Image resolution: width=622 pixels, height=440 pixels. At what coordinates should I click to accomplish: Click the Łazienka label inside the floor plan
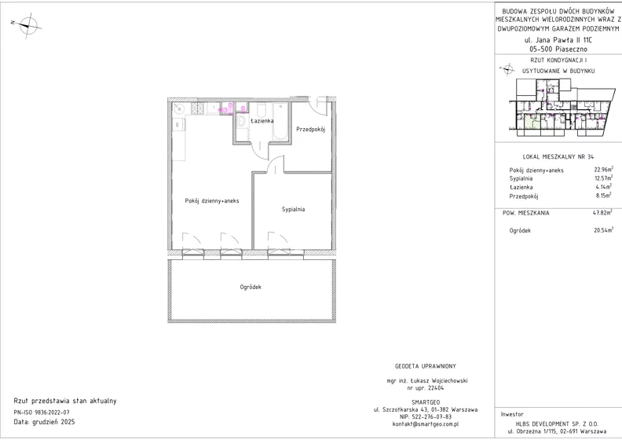262,121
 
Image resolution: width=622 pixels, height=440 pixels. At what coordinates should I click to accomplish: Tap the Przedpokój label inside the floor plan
311,130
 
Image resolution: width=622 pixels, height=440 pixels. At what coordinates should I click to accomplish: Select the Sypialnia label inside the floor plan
294,209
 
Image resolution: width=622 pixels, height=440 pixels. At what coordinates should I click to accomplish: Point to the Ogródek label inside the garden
251,287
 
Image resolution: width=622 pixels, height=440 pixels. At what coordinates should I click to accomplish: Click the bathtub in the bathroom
280,122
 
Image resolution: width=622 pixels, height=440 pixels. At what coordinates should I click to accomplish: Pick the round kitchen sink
179,108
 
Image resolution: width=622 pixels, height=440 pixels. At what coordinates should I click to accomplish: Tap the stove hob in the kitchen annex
198,108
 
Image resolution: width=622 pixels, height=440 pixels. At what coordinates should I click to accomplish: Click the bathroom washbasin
242,121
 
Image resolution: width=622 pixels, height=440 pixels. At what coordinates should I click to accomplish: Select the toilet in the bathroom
262,109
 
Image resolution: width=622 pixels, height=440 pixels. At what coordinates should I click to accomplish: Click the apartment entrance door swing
319,106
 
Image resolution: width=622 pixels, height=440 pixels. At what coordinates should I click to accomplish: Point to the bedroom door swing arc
276,164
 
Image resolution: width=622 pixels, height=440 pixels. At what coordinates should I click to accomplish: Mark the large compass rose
27,25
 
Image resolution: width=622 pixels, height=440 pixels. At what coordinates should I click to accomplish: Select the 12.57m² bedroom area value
603,178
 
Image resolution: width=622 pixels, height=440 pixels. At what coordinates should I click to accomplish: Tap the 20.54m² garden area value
603,229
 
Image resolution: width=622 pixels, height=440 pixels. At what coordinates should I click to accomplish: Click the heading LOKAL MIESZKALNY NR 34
558,156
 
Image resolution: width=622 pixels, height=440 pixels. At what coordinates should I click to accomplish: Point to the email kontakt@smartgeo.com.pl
426,423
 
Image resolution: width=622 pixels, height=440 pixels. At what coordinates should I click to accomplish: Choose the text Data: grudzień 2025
44,422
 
